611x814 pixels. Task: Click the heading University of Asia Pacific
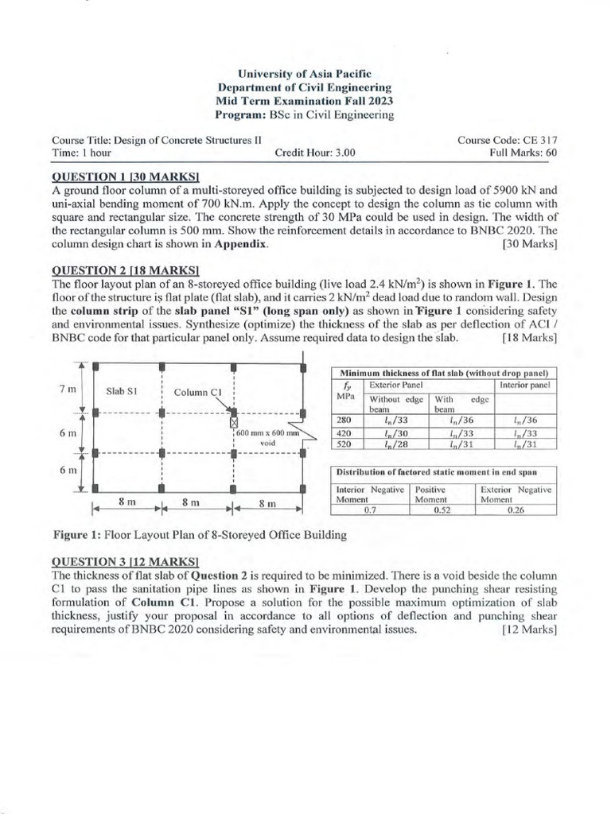305,73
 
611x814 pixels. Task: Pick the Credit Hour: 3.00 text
316,153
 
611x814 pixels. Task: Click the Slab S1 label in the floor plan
123,390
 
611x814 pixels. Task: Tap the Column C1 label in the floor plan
197,392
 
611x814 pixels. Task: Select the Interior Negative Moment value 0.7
369,510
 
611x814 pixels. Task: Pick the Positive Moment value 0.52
442,510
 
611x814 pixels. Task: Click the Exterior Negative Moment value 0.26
515,510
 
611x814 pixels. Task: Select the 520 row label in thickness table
344,444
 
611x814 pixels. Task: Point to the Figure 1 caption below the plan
200,535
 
